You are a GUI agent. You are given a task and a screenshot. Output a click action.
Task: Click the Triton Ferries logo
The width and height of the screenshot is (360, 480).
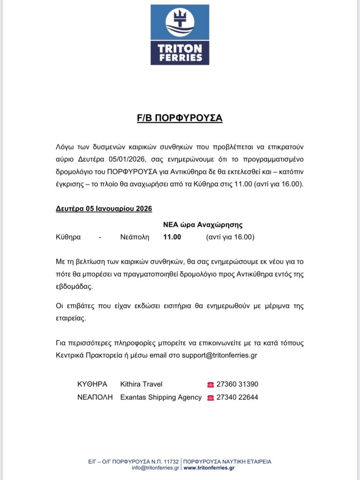(180, 35)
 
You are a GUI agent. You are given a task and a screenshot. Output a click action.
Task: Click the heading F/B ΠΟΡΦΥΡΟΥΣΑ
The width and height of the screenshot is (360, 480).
(180, 118)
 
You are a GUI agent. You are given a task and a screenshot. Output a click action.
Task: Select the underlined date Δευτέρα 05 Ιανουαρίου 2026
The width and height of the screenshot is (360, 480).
(104, 209)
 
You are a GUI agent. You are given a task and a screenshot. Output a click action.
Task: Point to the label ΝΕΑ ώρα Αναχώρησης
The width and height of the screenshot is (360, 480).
(202, 225)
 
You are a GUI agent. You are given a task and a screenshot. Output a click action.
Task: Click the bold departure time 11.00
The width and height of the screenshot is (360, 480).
(172, 237)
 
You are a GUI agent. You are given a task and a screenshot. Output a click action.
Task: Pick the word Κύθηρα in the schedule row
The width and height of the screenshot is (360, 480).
(68, 237)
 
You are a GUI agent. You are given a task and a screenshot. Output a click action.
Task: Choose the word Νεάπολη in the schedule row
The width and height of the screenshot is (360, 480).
(135, 237)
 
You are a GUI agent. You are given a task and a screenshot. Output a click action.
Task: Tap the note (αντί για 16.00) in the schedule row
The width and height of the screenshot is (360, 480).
(230, 237)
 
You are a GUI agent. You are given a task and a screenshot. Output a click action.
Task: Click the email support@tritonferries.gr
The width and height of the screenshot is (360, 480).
(219, 355)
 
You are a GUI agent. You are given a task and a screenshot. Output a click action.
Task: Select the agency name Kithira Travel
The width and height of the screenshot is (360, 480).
(141, 384)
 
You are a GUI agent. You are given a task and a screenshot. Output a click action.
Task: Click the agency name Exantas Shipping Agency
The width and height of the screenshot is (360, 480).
(161, 397)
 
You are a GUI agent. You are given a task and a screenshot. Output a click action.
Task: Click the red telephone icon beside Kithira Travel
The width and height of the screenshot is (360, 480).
(210, 385)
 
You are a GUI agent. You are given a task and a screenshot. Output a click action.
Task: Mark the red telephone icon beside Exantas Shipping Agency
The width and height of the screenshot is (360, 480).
(210, 398)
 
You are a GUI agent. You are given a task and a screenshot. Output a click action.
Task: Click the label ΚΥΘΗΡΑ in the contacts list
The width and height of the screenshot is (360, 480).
(92, 384)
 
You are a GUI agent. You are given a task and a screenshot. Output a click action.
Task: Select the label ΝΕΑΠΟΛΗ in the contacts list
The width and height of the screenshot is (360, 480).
(95, 397)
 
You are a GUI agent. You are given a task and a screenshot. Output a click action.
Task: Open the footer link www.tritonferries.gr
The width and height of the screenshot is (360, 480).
(209, 468)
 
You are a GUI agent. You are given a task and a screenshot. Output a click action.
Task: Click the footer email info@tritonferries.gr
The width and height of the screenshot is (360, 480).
(155, 468)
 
